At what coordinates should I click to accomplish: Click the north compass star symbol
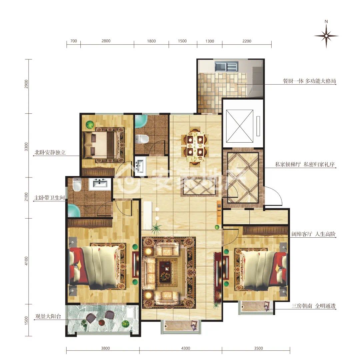point(326,36)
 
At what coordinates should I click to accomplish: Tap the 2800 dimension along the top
point(106,41)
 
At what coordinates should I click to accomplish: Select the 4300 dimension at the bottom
point(186,348)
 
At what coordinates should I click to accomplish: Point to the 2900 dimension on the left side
point(26,84)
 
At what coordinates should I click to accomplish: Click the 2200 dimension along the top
point(247,41)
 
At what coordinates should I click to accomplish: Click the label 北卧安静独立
point(50,152)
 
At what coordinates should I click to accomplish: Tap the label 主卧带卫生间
point(49,198)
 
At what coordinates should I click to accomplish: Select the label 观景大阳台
point(48,316)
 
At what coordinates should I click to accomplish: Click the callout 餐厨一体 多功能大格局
point(309,81)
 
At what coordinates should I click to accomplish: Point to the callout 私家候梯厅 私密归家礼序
point(305,164)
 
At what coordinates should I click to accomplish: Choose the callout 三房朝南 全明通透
point(314,306)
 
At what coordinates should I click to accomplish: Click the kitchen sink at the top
point(226,66)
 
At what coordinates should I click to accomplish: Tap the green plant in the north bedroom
point(90,124)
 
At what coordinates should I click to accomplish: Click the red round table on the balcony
point(102,323)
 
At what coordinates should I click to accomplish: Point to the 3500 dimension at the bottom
point(258,348)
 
